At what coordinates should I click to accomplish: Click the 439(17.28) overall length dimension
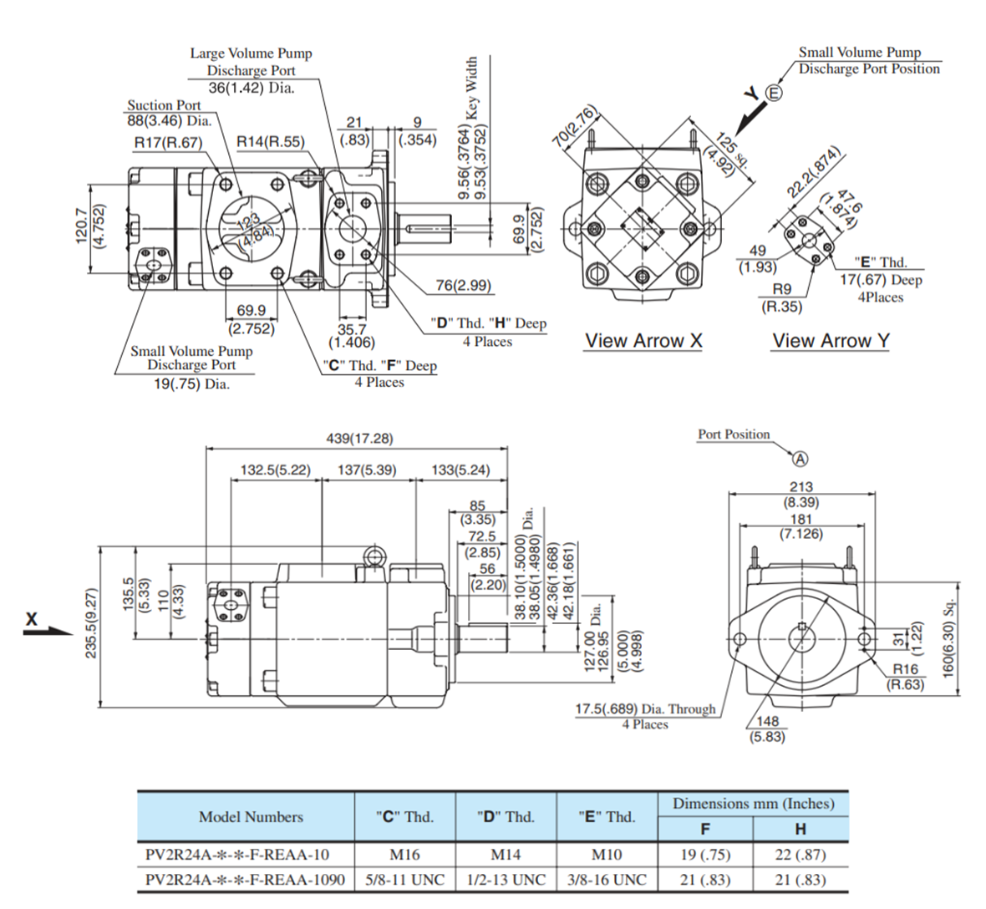point(358,439)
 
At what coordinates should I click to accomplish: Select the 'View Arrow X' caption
point(643,341)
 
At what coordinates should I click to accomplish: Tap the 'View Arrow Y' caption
point(831,341)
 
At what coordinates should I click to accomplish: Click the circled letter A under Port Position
point(800,459)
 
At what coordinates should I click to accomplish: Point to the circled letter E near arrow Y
point(775,93)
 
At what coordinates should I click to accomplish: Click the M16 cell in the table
point(404,855)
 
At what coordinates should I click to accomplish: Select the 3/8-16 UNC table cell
point(607,880)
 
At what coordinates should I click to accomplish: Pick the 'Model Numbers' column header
point(251,817)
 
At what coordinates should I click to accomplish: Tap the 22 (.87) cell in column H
point(800,855)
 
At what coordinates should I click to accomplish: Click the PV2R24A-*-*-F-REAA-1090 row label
point(245,880)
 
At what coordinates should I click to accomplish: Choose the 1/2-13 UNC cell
point(506,880)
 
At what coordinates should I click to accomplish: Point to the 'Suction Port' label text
point(164,105)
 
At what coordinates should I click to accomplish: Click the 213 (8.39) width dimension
point(800,495)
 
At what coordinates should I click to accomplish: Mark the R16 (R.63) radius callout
point(905,677)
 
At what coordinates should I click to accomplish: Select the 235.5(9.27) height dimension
point(91,622)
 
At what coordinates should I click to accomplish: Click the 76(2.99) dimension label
point(464,286)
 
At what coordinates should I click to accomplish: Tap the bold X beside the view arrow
point(32,619)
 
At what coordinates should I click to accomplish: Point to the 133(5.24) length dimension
point(460,470)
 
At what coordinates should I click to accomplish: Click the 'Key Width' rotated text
point(472,88)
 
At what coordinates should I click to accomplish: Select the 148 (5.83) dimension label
point(766,729)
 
